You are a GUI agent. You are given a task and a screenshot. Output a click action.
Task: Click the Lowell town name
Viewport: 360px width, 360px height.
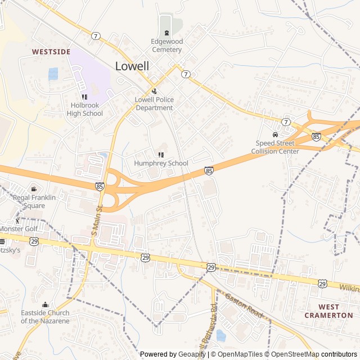coord(132,66)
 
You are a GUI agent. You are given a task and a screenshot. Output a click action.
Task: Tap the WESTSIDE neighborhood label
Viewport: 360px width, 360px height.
coord(51,52)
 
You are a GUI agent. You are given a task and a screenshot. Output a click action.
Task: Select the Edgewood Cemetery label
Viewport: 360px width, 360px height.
coord(166,46)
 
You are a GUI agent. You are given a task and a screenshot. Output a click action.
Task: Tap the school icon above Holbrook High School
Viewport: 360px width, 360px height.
coord(84,97)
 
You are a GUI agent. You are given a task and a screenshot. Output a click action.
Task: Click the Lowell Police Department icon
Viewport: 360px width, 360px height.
coord(154,91)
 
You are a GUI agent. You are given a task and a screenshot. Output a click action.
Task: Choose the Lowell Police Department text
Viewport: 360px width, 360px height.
coord(154,104)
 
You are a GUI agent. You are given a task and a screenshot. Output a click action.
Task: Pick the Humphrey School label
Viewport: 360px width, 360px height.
coord(161,163)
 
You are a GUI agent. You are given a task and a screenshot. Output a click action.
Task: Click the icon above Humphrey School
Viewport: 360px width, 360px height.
coord(161,154)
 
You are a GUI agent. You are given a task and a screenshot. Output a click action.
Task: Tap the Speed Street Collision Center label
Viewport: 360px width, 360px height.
coord(275,147)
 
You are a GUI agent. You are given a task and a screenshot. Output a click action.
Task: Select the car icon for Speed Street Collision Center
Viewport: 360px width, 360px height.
coord(275,134)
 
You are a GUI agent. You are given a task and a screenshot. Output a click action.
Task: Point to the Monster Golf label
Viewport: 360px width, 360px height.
coord(19,229)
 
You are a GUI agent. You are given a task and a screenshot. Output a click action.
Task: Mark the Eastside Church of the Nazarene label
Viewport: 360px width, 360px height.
coord(45,317)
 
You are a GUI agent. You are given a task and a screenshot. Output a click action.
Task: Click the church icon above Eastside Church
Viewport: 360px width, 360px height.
coord(45,305)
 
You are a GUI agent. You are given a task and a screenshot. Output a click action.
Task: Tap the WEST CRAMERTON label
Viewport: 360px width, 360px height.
coord(328,311)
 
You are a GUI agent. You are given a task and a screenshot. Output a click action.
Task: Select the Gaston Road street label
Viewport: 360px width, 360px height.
coord(245,307)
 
